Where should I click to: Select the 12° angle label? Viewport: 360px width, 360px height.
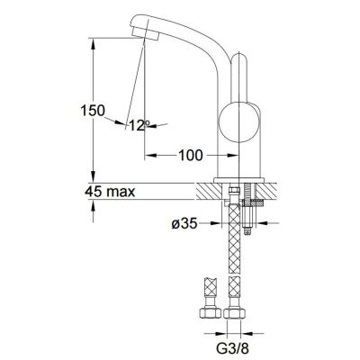point(138,124)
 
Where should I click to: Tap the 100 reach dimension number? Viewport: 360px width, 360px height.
point(189,156)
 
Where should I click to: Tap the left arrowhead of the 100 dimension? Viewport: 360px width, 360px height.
point(149,156)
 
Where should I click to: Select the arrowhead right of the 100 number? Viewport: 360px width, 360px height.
point(217,156)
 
